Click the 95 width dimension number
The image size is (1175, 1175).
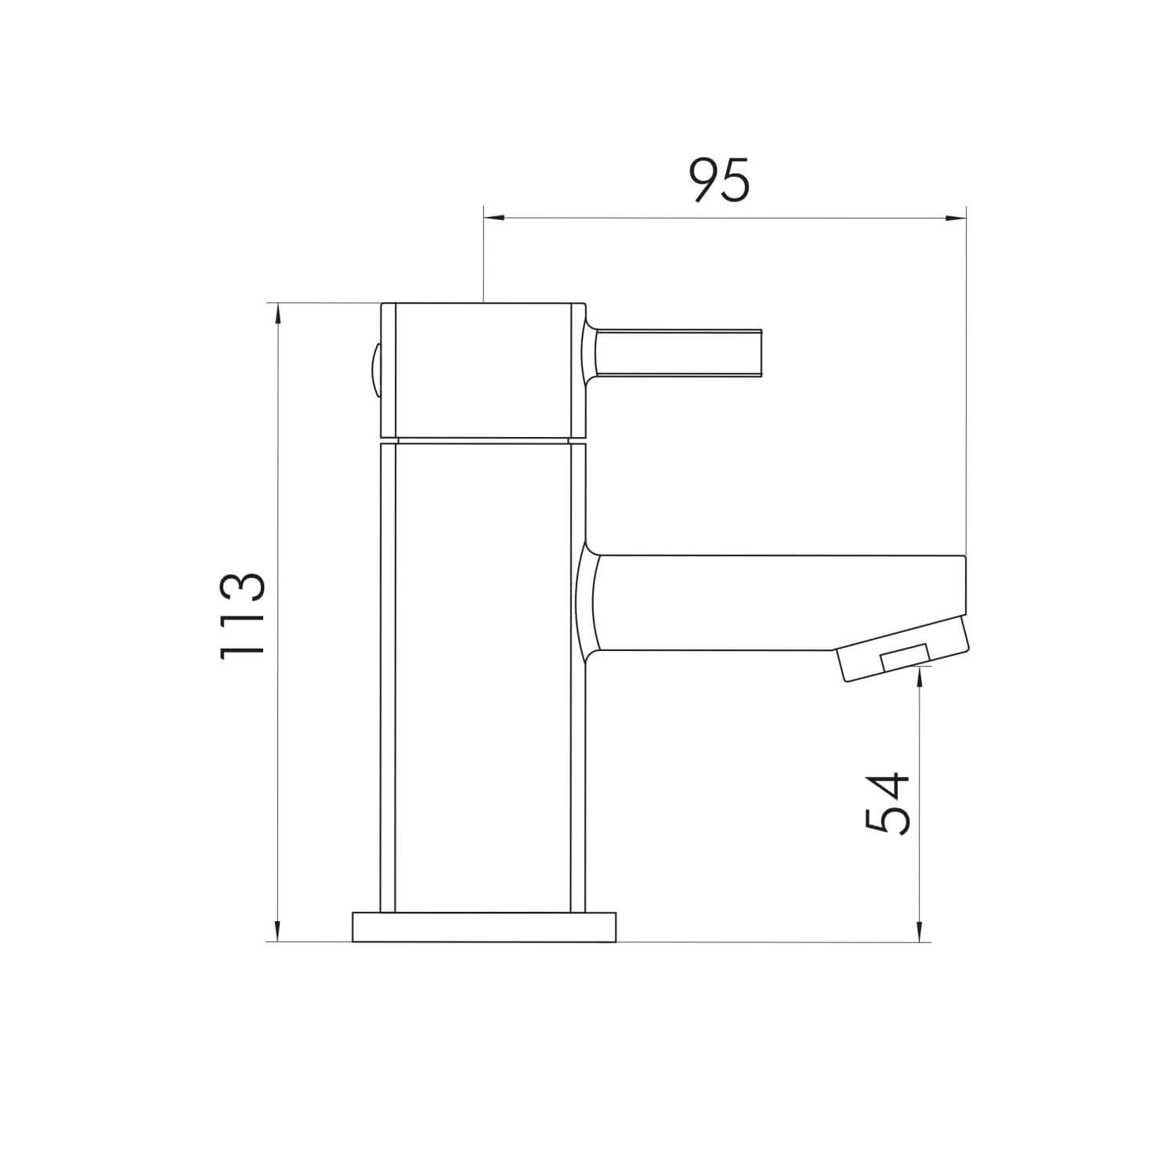click(720, 180)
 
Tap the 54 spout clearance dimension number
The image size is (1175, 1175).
click(888, 803)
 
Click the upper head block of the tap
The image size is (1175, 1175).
click(482, 370)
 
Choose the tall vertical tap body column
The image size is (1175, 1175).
click(483, 678)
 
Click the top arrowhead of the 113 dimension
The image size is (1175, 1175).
click(277, 312)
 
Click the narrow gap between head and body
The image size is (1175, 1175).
click(483, 441)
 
